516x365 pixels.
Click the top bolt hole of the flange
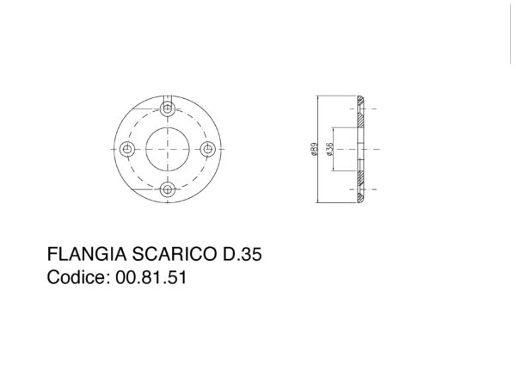[169, 109]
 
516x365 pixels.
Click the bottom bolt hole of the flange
[169, 189]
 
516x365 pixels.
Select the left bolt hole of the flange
[128, 149]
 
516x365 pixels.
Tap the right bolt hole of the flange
[208, 149]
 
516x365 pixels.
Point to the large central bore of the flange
[169, 149]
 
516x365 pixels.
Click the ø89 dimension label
[314, 150]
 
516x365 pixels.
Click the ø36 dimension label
[330, 150]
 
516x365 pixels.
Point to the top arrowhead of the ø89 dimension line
[319, 98]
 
